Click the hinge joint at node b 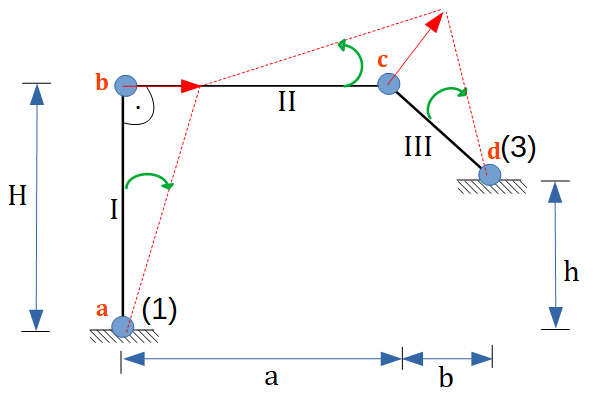click(x=124, y=86)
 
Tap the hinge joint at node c click(x=388, y=86)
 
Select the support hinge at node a click(x=123, y=326)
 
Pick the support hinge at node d click(x=489, y=175)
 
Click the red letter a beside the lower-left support click(x=101, y=310)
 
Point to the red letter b click(x=101, y=81)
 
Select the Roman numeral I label click(x=114, y=209)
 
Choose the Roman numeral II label click(x=287, y=102)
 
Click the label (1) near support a click(x=159, y=311)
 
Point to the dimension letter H click(x=16, y=196)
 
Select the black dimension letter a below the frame click(x=269, y=377)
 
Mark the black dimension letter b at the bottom click(x=446, y=377)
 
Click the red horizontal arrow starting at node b click(x=164, y=86)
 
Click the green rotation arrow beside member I click(x=150, y=181)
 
